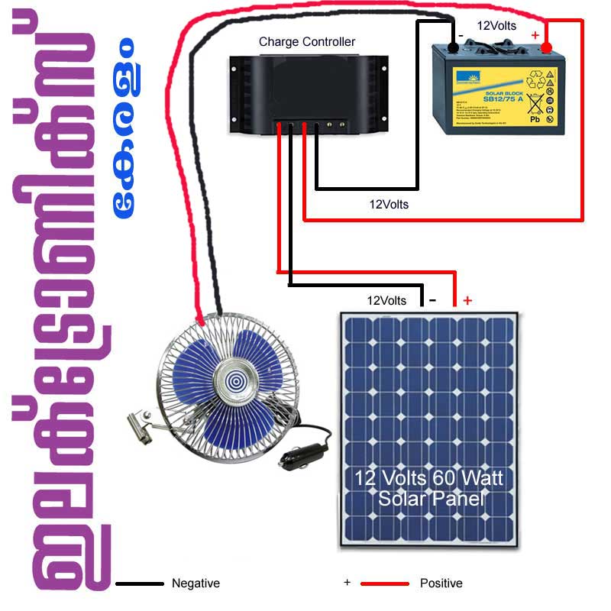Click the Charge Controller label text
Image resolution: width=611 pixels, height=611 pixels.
[x=307, y=42]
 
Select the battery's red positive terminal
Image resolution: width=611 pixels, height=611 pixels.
[x=546, y=49]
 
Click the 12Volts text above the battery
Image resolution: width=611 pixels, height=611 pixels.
[x=496, y=25]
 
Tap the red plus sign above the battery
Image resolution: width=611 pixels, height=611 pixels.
[x=535, y=35]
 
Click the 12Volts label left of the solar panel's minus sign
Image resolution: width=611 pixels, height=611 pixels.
[x=386, y=300]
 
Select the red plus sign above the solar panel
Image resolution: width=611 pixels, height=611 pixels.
[x=467, y=300]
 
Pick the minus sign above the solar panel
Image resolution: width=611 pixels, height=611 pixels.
[x=433, y=300]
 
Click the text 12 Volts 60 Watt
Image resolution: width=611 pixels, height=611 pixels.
[x=428, y=479]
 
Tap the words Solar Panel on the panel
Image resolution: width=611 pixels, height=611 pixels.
[x=432, y=499]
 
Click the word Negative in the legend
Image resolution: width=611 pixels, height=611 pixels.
[x=196, y=584]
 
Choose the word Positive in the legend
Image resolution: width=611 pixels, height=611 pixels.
[x=441, y=584]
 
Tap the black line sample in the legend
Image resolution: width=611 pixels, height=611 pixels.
[x=140, y=584]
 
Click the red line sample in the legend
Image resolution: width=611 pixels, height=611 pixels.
[x=385, y=584]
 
